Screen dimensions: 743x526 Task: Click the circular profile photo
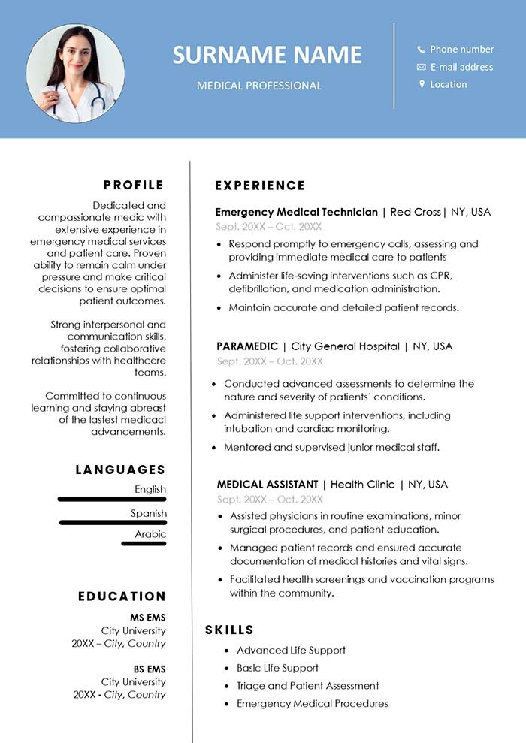coord(75,74)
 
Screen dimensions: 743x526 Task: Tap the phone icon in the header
coord(422,50)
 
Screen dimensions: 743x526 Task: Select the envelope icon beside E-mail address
coord(422,67)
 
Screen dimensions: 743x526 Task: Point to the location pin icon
coord(422,84)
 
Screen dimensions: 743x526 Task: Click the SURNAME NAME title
coord(267,54)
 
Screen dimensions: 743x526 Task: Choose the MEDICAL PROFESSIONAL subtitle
coord(259,86)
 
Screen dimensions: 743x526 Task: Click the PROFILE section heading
coord(134,185)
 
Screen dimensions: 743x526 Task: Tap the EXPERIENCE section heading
coord(260,186)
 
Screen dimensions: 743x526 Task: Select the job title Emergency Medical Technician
coord(296,212)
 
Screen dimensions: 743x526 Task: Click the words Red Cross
coord(416,212)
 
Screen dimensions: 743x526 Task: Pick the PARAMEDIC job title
coord(246,346)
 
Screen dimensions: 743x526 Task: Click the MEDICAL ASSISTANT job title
coord(268,485)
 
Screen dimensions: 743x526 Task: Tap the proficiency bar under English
coord(112,499)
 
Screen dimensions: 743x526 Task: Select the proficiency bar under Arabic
coord(144,543)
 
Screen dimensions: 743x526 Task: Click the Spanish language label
coord(149,513)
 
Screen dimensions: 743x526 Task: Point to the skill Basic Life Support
coord(277,668)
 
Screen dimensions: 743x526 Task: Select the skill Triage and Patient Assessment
coord(307,686)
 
